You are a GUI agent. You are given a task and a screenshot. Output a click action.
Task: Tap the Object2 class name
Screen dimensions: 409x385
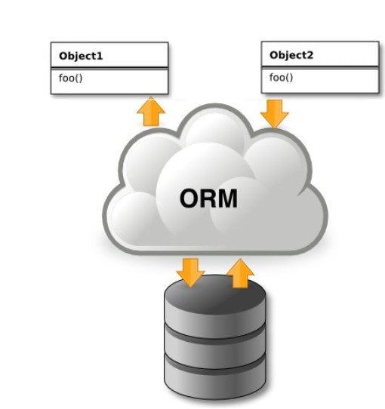click(292, 56)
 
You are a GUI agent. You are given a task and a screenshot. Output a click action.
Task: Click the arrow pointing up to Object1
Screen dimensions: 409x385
click(151, 111)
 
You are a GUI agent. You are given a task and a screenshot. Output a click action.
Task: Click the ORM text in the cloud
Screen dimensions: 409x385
click(208, 198)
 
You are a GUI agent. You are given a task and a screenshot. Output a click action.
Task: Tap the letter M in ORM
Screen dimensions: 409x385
click(227, 198)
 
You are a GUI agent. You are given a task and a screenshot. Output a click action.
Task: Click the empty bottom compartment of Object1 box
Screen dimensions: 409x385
click(109, 90)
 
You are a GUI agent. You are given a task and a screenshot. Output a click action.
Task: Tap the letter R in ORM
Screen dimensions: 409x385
click(208, 198)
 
